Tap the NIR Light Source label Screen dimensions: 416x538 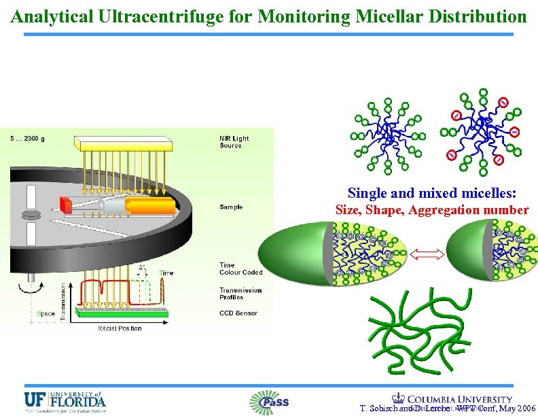(234, 142)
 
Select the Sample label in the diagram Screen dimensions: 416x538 (230, 207)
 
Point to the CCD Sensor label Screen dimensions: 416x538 (236, 313)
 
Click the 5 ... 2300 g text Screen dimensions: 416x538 (32, 139)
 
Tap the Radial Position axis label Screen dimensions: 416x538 (120, 328)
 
